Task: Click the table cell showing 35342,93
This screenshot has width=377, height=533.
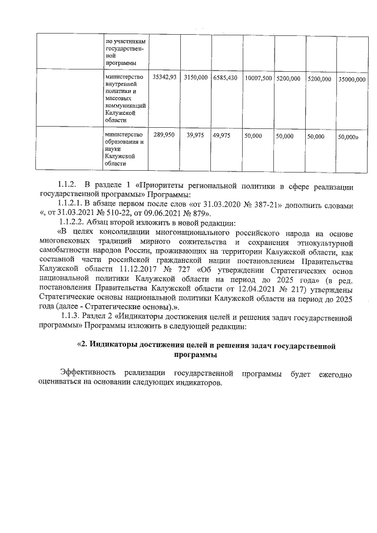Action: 164,77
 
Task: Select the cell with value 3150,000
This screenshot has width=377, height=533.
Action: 196,77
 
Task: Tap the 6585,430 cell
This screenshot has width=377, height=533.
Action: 225,77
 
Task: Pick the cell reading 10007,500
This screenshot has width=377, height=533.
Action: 258,78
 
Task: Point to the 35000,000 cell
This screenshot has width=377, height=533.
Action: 352,78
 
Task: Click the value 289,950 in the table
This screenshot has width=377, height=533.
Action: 164,135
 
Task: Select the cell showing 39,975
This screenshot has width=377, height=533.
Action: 196,135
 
